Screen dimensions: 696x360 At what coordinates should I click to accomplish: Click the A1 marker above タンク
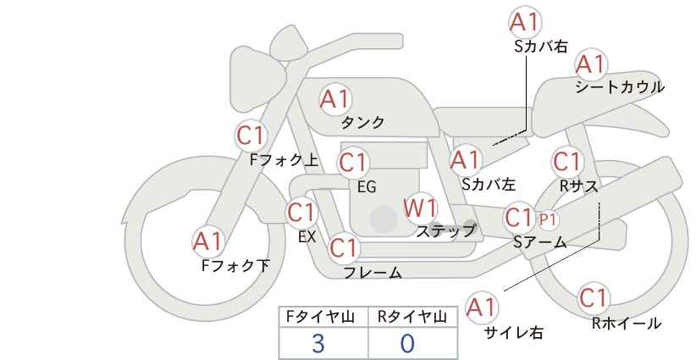tap(335, 99)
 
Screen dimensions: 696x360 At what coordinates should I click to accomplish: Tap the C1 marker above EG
tap(353, 163)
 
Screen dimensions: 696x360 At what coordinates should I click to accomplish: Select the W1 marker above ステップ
tap(420, 208)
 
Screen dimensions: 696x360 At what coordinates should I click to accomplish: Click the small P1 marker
tap(548, 219)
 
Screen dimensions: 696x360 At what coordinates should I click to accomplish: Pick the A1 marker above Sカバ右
tap(525, 22)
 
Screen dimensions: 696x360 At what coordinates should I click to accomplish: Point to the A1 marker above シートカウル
tap(591, 64)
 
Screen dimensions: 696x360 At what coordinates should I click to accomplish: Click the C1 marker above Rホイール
tap(594, 298)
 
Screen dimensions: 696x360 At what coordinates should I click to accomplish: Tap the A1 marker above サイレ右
tap(482, 307)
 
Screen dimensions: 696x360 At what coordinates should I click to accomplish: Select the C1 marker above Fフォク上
tap(251, 136)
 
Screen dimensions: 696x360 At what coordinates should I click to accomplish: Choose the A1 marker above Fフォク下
tap(207, 241)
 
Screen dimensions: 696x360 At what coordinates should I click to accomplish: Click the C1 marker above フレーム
tap(344, 247)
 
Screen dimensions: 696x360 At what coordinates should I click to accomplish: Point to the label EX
tap(307, 237)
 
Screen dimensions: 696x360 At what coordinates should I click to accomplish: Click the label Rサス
tap(578, 187)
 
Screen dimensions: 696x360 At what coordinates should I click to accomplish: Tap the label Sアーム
tap(540, 242)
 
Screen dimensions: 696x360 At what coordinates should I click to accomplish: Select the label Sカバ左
tap(489, 184)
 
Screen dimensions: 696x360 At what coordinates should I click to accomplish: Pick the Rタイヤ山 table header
tap(413, 317)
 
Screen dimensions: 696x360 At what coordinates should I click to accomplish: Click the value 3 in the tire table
tap(318, 344)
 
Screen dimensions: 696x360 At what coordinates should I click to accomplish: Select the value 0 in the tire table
tap(407, 344)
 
